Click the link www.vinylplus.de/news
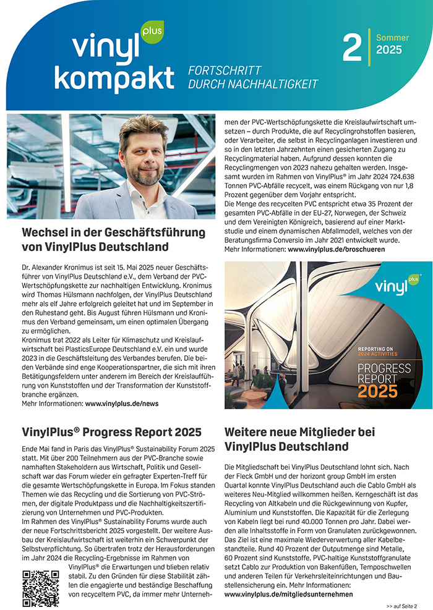coord(122,403)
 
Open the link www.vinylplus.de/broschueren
coord(337,249)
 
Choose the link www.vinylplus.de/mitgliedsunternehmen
coord(288,594)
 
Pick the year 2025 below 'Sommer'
coord(388,50)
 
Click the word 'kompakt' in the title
coord(122,78)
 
